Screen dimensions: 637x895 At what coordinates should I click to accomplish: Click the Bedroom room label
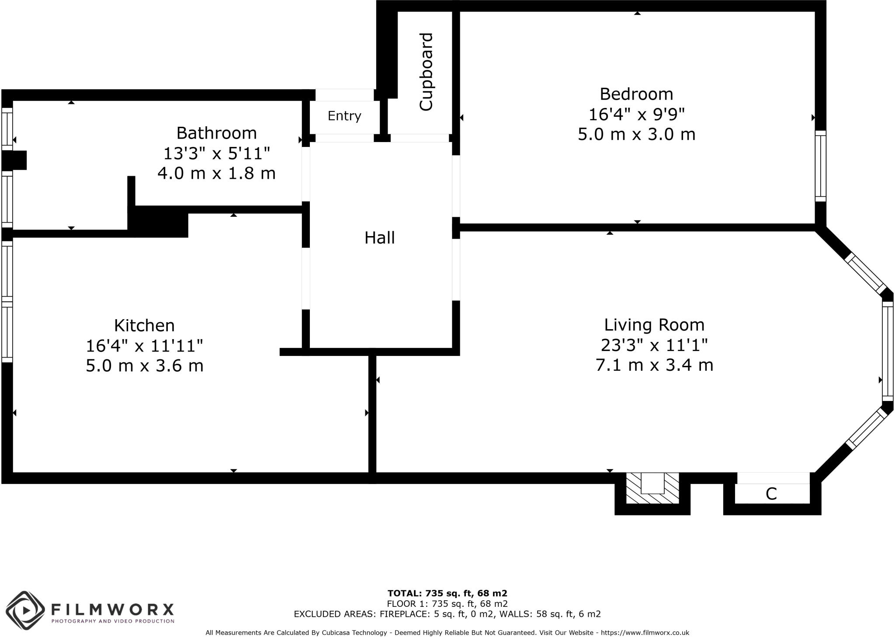[x=636, y=94]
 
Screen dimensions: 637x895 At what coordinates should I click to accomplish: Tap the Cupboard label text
[x=426, y=72]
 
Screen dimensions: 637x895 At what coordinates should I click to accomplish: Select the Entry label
[x=344, y=116]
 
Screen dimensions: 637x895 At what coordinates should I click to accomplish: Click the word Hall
[x=379, y=238]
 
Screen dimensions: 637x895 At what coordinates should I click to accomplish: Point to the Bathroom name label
[x=216, y=133]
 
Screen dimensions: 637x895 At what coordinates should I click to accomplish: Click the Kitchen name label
[x=144, y=326]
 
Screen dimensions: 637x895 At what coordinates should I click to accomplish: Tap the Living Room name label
[x=654, y=325]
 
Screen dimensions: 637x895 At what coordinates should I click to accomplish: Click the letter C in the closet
[x=771, y=494]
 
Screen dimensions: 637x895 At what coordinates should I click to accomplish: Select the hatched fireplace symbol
[x=652, y=488]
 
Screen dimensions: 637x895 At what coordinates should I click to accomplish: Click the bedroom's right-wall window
[x=820, y=166]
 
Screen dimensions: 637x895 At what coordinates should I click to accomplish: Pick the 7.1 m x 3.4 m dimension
[x=654, y=365]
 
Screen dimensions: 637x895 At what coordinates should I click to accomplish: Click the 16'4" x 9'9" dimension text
[x=636, y=115]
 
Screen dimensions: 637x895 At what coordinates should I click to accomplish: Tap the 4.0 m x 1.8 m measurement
[x=216, y=174]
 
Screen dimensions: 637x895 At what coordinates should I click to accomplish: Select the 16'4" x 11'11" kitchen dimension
[x=144, y=346]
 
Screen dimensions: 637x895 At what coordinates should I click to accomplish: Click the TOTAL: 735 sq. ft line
[x=447, y=593]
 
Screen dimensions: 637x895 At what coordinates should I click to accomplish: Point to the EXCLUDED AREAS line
[x=447, y=614]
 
